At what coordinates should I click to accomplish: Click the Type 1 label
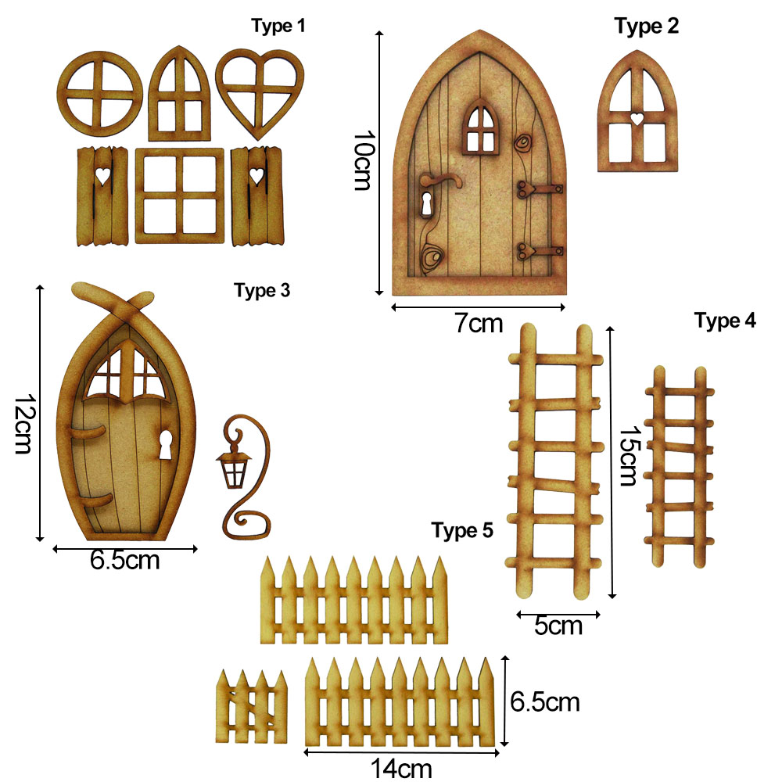[x=278, y=26]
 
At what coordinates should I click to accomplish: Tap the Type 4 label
[x=725, y=321]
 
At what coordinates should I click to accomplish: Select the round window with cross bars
[x=100, y=96]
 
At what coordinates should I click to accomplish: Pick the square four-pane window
[x=177, y=195]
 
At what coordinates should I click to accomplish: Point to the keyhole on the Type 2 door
[x=427, y=206]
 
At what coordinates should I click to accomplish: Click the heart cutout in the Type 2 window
[x=638, y=119]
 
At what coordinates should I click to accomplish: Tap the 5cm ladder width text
[x=558, y=626]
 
